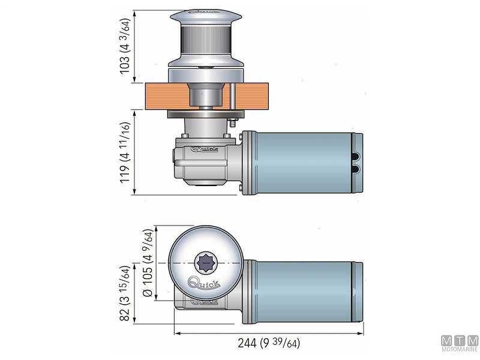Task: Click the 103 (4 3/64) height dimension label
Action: click(125, 47)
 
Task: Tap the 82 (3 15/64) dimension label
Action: click(125, 293)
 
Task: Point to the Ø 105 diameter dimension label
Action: click(146, 264)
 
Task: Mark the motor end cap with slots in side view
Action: click(357, 162)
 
